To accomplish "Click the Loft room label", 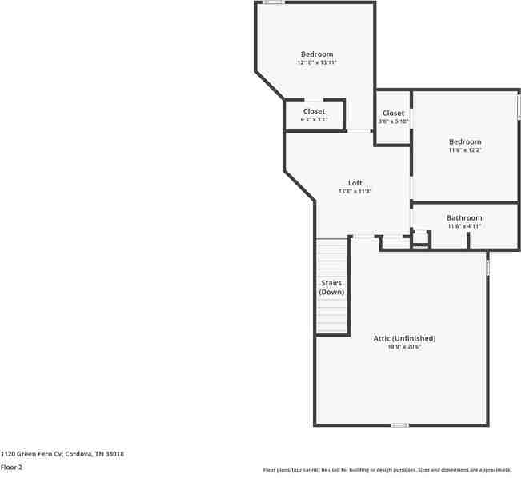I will pos(355,183).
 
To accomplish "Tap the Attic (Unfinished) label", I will pos(404,338).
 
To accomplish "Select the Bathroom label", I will pos(464,217).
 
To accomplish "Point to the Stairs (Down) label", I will pos(332,288).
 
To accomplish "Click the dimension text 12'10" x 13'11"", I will pos(316,62).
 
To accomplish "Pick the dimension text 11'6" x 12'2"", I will pos(465,150).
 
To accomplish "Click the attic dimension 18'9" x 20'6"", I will pos(404,347).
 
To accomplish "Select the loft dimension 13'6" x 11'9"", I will pos(355,192).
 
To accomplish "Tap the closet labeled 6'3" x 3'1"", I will pos(314,119).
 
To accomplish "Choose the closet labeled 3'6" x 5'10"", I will pos(393,121).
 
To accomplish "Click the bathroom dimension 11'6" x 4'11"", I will pos(464,226).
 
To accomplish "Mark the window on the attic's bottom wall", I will pos(399,424).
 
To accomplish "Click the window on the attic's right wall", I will pos(487,265).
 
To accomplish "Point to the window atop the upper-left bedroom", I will pos(274,2).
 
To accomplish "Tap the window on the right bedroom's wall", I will pos(519,106).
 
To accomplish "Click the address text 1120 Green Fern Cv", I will pos(62,454).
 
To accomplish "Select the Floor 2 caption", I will pos(11,467).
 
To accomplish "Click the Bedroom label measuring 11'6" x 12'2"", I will pos(465,141).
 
